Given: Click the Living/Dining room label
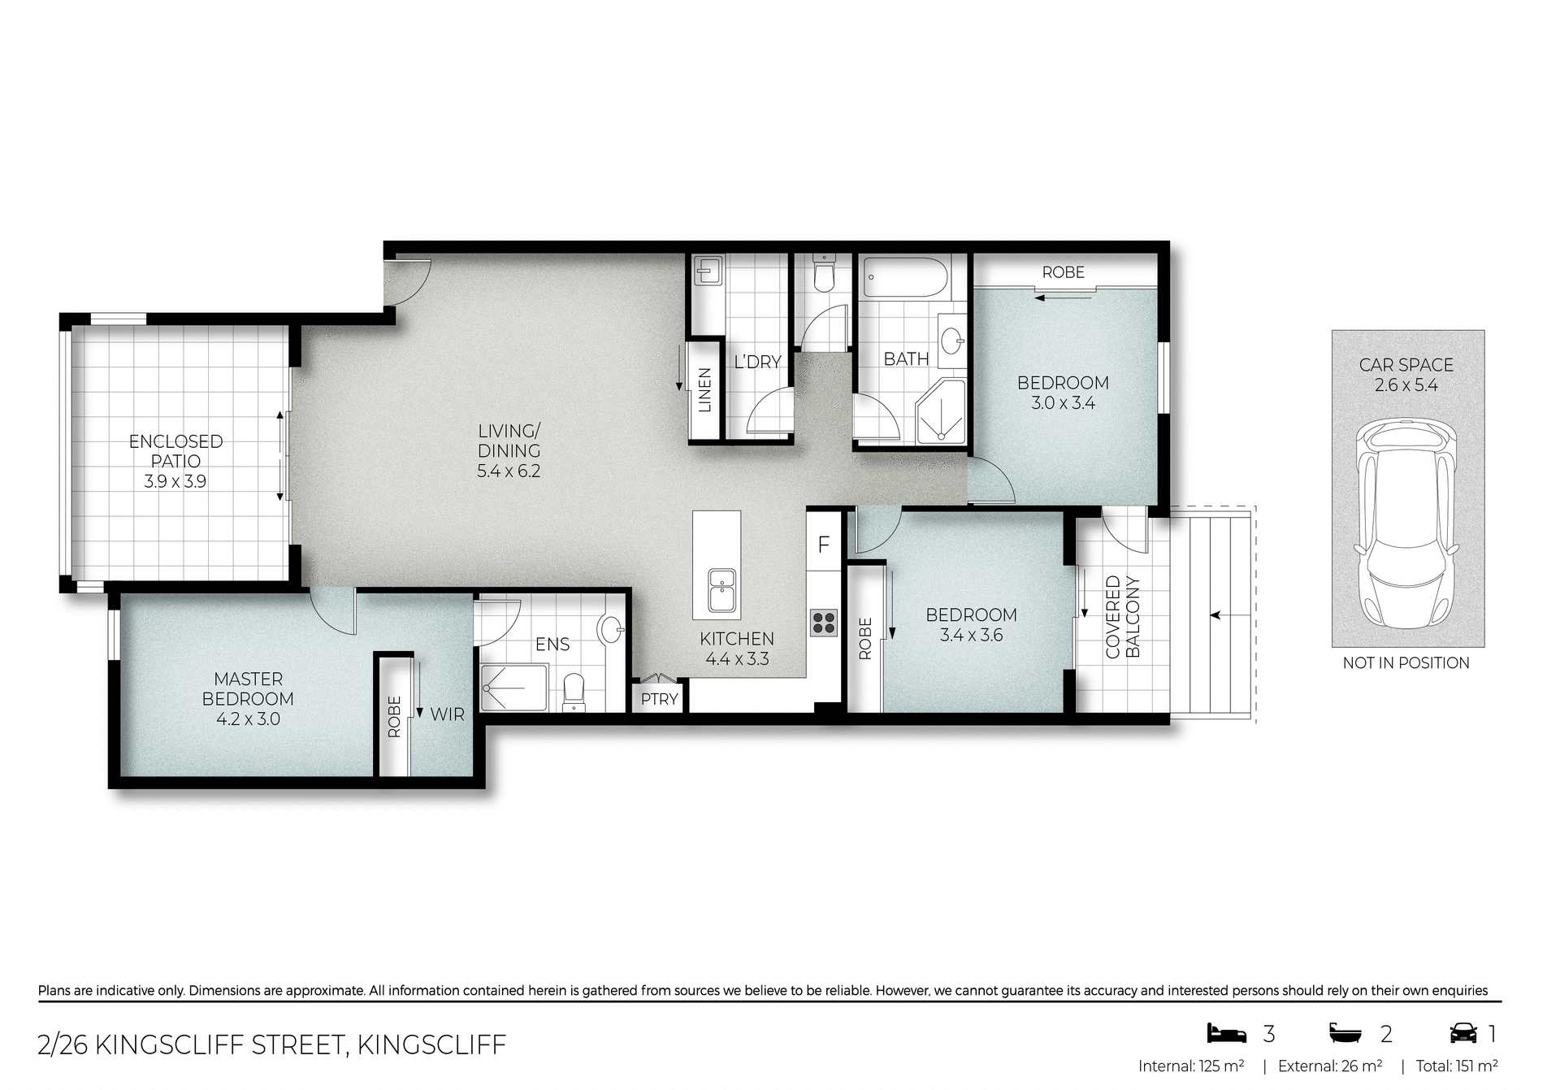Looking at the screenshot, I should (509, 441).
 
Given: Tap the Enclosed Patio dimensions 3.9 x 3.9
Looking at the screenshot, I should (175, 481).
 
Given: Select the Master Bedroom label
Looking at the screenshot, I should (248, 688).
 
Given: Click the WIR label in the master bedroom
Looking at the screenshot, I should (447, 714).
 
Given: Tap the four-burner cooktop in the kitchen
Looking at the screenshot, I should (823, 622).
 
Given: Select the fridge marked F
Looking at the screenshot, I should (823, 545).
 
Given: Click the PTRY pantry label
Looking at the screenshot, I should (659, 699).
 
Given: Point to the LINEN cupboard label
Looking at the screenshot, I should (704, 390).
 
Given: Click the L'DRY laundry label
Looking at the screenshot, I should (757, 363).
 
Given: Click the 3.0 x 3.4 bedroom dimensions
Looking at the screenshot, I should (1063, 403).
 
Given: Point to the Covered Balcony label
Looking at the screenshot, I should (1123, 617).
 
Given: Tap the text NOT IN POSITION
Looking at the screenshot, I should (1406, 663).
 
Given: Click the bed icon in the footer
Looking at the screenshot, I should (1226, 1033).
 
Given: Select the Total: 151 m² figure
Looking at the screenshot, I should (1457, 1066).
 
